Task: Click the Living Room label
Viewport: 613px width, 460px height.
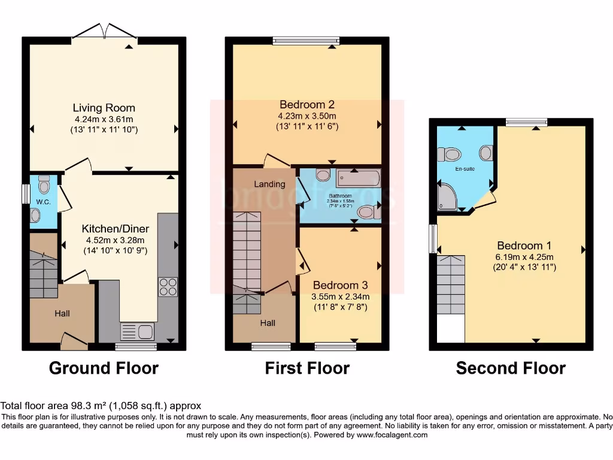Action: pyautogui.click(x=104, y=108)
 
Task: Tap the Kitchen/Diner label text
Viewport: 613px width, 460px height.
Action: pyautogui.click(x=116, y=229)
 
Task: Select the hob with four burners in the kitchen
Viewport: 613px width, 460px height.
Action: pyautogui.click(x=168, y=287)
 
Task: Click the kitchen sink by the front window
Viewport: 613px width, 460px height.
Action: pyautogui.click(x=137, y=331)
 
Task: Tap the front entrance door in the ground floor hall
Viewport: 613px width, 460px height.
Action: pyautogui.click(x=74, y=342)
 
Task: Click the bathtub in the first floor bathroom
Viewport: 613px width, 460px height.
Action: pyautogui.click(x=358, y=178)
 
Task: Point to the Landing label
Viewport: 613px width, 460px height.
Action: pyautogui.click(x=269, y=184)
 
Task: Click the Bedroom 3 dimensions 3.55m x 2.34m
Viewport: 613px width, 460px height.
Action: pyautogui.click(x=340, y=296)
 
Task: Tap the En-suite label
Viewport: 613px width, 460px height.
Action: pyautogui.click(x=465, y=169)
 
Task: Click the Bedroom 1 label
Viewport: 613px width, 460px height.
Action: pyautogui.click(x=524, y=246)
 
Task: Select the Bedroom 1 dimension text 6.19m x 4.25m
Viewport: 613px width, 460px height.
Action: pyautogui.click(x=524, y=257)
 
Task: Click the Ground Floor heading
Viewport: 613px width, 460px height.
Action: pyautogui.click(x=104, y=368)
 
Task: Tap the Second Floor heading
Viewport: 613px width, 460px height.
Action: pyautogui.click(x=511, y=368)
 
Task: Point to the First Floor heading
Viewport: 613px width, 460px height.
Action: pyautogui.click(x=307, y=368)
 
